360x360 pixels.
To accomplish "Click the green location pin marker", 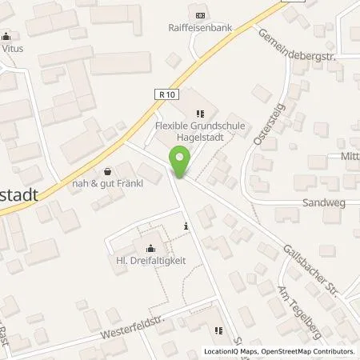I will point(180,162).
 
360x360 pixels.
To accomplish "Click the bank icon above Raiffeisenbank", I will point(199,14).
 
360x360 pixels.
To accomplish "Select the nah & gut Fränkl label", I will point(108,183).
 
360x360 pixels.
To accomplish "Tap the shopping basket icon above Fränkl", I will point(108,170).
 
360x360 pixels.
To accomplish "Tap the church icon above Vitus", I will point(8,35).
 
